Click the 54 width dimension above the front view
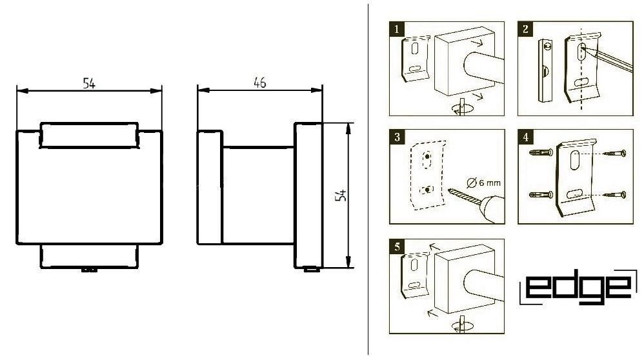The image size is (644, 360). coord(89,83)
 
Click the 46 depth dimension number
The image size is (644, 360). coord(259,83)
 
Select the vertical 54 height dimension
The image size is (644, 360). coord(341,195)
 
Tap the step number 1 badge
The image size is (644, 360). coord(396,29)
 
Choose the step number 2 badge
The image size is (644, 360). coord(525,29)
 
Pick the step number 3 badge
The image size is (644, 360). coord(397,137)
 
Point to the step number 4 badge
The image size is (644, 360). coord(525,137)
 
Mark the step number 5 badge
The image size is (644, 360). coord(397,246)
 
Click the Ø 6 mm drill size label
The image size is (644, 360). coord(484,182)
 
